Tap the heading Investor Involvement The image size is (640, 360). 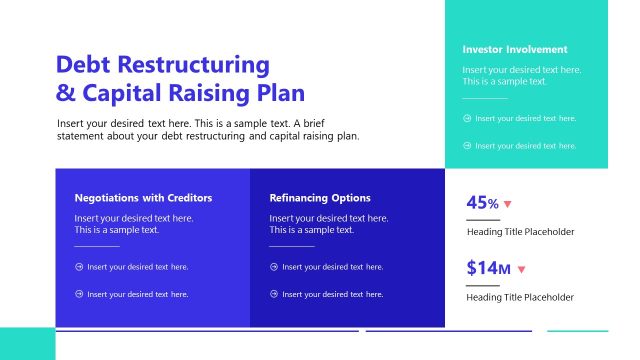click(514, 49)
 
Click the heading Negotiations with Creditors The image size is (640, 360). click(143, 198)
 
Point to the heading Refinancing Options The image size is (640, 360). click(320, 198)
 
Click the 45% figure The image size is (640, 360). click(482, 203)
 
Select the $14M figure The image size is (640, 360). click(488, 268)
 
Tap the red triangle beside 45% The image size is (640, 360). click(508, 205)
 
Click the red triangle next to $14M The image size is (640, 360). click(521, 269)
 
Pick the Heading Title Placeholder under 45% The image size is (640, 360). click(520, 232)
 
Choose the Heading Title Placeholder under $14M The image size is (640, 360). click(520, 297)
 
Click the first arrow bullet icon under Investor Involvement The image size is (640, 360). click(467, 118)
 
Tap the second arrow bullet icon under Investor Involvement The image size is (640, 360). click(467, 145)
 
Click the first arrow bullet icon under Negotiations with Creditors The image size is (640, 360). click(79, 267)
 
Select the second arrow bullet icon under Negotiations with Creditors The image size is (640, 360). click(79, 294)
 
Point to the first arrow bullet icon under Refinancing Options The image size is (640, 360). click(274, 267)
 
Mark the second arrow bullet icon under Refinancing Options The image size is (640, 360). click(274, 294)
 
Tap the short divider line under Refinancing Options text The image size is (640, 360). click(292, 245)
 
